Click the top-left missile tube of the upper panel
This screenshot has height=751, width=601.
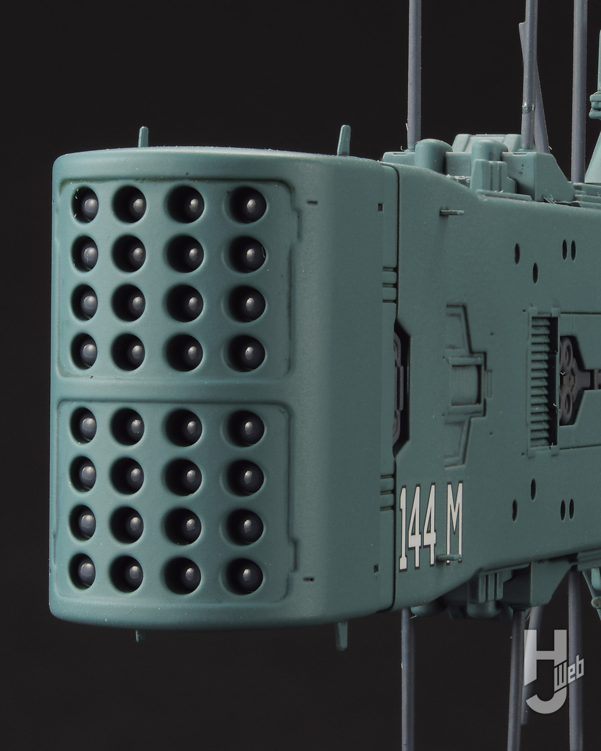click(85, 205)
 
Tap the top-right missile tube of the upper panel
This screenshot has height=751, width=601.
click(248, 205)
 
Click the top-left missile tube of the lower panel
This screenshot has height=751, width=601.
click(84, 425)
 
